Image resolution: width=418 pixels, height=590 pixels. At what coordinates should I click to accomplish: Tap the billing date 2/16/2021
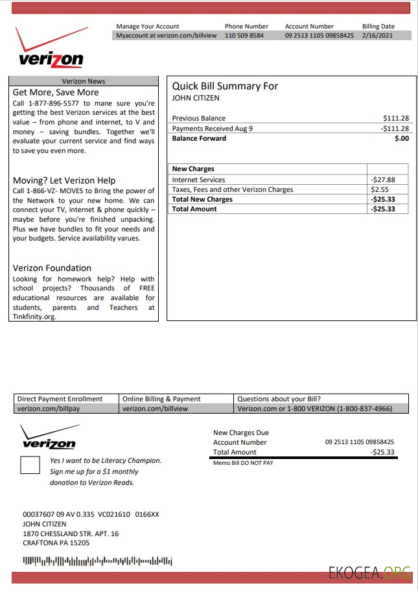tap(378, 36)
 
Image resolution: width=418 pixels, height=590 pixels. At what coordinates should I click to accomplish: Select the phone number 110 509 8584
tap(244, 36)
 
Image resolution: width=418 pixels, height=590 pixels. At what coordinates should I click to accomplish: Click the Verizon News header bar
tap(84, 81)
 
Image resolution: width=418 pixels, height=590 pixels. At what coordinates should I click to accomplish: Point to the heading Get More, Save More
tap(56, 92)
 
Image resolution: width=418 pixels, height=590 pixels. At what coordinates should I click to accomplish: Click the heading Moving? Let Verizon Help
tap(64, 180)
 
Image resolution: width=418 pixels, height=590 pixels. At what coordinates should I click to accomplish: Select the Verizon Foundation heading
tap(52, 268)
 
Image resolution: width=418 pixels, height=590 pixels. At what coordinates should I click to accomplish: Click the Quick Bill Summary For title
tap(225, 86)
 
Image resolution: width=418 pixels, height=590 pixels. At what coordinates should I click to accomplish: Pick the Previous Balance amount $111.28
tap(396, 118)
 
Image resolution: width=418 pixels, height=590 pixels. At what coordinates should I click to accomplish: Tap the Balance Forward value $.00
tap(402, 138)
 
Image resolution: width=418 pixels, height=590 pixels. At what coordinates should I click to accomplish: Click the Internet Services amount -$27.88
tap(382, 180)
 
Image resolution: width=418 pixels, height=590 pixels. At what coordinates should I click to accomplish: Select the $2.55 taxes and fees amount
tap(379, 189)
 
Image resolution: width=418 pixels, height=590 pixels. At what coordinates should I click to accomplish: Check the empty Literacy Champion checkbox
tap(30, 465)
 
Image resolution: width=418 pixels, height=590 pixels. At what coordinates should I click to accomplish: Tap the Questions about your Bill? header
tap(279, 399)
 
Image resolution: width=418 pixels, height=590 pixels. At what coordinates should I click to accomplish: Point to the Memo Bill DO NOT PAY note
tap(243, 463)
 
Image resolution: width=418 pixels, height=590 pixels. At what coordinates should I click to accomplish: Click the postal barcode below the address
tap(97, 560)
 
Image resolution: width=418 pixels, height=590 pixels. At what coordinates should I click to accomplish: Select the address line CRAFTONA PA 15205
tap(56, 543)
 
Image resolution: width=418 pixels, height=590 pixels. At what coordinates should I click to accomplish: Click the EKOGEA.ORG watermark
tap(369, 573)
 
